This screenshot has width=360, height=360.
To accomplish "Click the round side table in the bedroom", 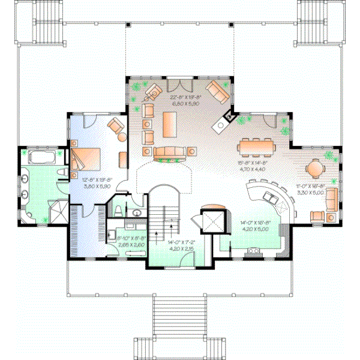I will (122, 137).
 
